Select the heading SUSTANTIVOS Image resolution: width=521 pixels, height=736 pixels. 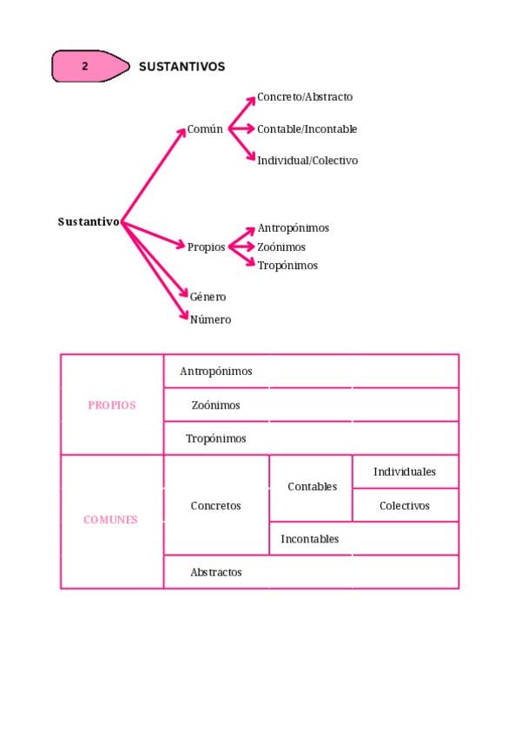point(181,67)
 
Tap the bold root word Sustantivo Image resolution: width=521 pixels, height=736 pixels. point(89,221)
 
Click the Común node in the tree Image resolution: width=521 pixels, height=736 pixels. point(205,129)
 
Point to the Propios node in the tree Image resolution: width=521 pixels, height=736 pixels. point(206,246)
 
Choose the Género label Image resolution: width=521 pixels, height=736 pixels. point(208,297)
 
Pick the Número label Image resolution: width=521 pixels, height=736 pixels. point(210,319)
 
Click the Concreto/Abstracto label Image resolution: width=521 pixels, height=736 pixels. point(305,97)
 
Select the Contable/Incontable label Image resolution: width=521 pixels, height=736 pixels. point(307,129)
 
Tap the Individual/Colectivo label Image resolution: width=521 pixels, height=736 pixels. point(307,161)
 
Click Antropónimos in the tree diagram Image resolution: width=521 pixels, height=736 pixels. point(293,228)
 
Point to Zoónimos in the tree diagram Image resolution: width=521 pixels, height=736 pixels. point(281,247)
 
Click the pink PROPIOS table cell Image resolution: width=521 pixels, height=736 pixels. point(112,404)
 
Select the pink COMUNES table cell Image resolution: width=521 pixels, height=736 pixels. point(110,520)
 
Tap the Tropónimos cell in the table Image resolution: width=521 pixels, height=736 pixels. point(216,438)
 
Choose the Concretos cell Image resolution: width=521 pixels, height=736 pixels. point(215,505)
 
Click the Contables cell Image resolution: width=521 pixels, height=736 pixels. point(312,487)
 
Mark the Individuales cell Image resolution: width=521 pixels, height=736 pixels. point(405,471)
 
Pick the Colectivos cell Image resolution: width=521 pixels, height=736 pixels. point(405,505)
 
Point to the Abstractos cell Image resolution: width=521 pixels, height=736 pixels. point(216,572)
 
